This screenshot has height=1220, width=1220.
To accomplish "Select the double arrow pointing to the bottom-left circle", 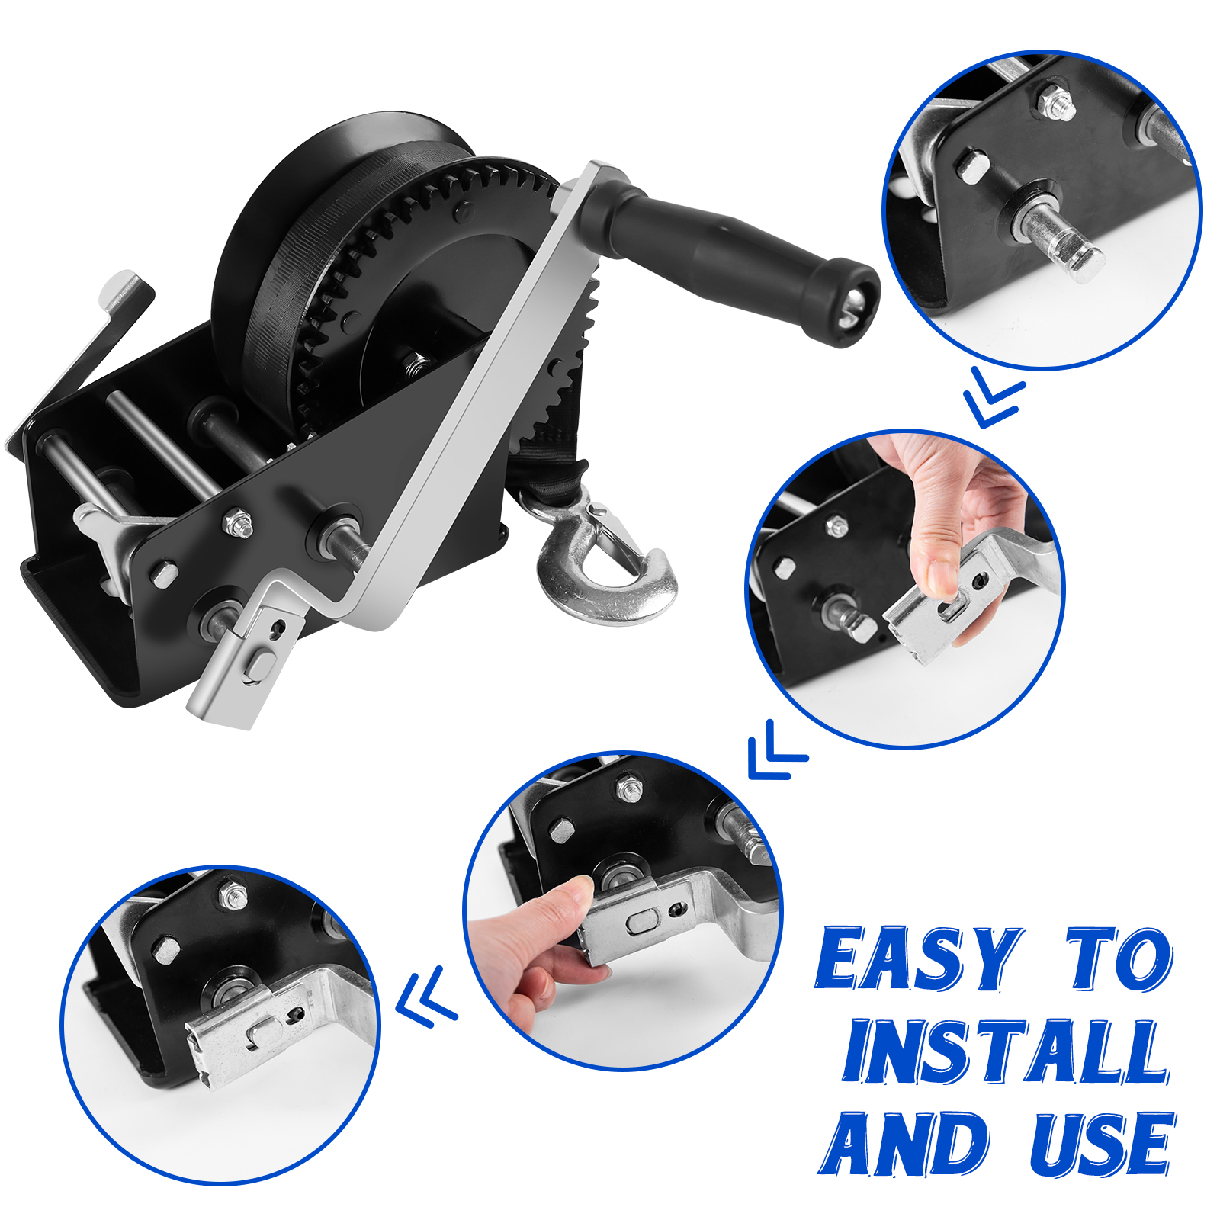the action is pyautogui.click(x=427, y=994).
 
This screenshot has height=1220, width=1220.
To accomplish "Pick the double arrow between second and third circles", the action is pyautogui.click(x=776, y=750).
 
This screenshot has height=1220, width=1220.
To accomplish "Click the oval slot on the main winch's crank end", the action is pyautogui.click(x=259, y=666).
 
